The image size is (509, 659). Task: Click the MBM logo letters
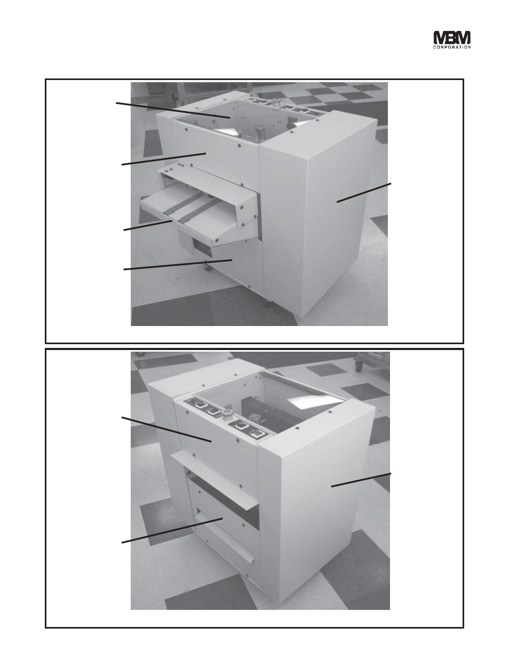click(x=452, y=38)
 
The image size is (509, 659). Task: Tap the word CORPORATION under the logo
click(x=452, y=47)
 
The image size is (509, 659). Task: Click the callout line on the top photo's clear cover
click(x=173, y=110)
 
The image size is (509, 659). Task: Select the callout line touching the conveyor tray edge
click(x=148, y=225)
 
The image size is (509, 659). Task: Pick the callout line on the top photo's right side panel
click(x=364, y=192)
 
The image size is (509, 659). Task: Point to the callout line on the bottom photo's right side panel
click(x=361, y=480)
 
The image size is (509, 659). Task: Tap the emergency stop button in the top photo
click(x=276, y=101)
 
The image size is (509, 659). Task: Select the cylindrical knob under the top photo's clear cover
click(x=260, y=132)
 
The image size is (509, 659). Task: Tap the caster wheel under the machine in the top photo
click(x=207, y=267)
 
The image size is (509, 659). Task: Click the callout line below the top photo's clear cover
click(x=164, y=159)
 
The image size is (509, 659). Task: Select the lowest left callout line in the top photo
click(x=178, y=265)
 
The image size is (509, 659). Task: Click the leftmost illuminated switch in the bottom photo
click(x=200, y=405)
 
